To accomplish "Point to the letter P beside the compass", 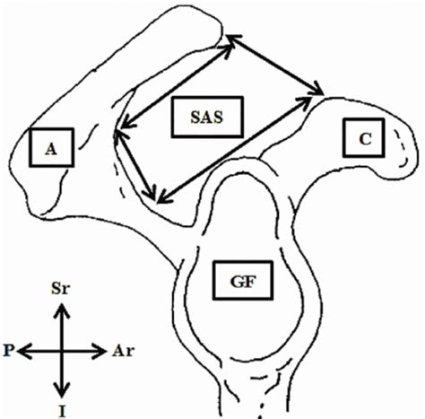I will point(8,349).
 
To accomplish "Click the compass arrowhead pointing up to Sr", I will point(60,309).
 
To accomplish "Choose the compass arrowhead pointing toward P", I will point(22,349).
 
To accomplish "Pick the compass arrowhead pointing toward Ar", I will point(103,349).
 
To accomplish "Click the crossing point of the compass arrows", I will point(60,349).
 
